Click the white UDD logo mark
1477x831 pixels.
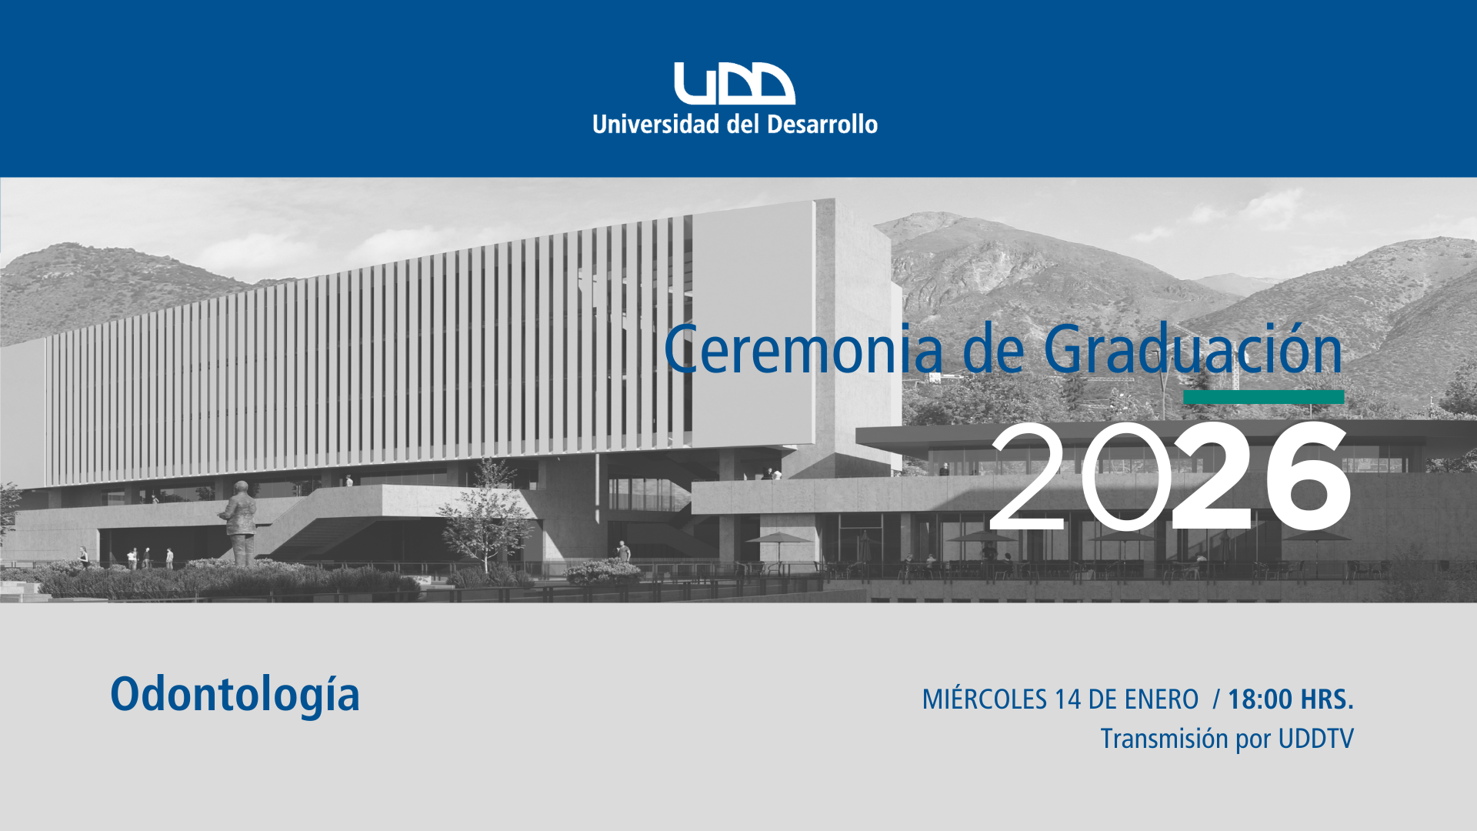735,83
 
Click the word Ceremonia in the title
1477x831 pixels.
804,350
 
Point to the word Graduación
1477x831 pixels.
1193,349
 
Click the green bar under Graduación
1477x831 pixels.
1264,397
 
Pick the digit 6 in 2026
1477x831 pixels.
1307,476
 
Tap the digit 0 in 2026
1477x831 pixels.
1126,476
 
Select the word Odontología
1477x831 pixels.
235,695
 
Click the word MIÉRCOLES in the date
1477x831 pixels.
985,699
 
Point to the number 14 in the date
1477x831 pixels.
1069,699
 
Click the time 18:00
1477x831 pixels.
1260,699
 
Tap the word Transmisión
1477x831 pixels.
1165,739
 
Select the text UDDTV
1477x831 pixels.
1315,739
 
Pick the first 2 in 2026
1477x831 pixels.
1029,476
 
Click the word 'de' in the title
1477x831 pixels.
994,349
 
